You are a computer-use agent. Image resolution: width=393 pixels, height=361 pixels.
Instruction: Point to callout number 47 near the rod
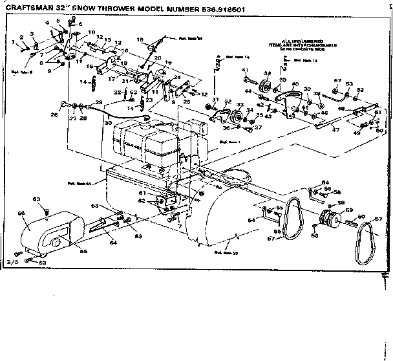click(336, 130)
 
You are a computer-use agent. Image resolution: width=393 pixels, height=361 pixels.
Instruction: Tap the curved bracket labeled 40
click(284, 104)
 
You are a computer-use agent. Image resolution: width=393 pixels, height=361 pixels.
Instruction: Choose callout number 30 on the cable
click(108, 123)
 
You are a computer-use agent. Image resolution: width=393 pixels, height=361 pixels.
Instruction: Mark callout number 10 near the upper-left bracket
click(90, 32)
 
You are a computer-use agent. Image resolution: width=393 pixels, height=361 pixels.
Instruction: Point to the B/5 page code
click(11, 265)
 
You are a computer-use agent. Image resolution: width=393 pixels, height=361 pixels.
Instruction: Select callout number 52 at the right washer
click(360, 89)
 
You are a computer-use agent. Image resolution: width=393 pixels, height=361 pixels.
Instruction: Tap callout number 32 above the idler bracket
click(228, 102)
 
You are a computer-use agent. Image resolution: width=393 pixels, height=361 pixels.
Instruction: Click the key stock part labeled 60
click(354, 224)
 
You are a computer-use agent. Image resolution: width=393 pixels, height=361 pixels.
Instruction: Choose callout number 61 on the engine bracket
click(142, 193)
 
